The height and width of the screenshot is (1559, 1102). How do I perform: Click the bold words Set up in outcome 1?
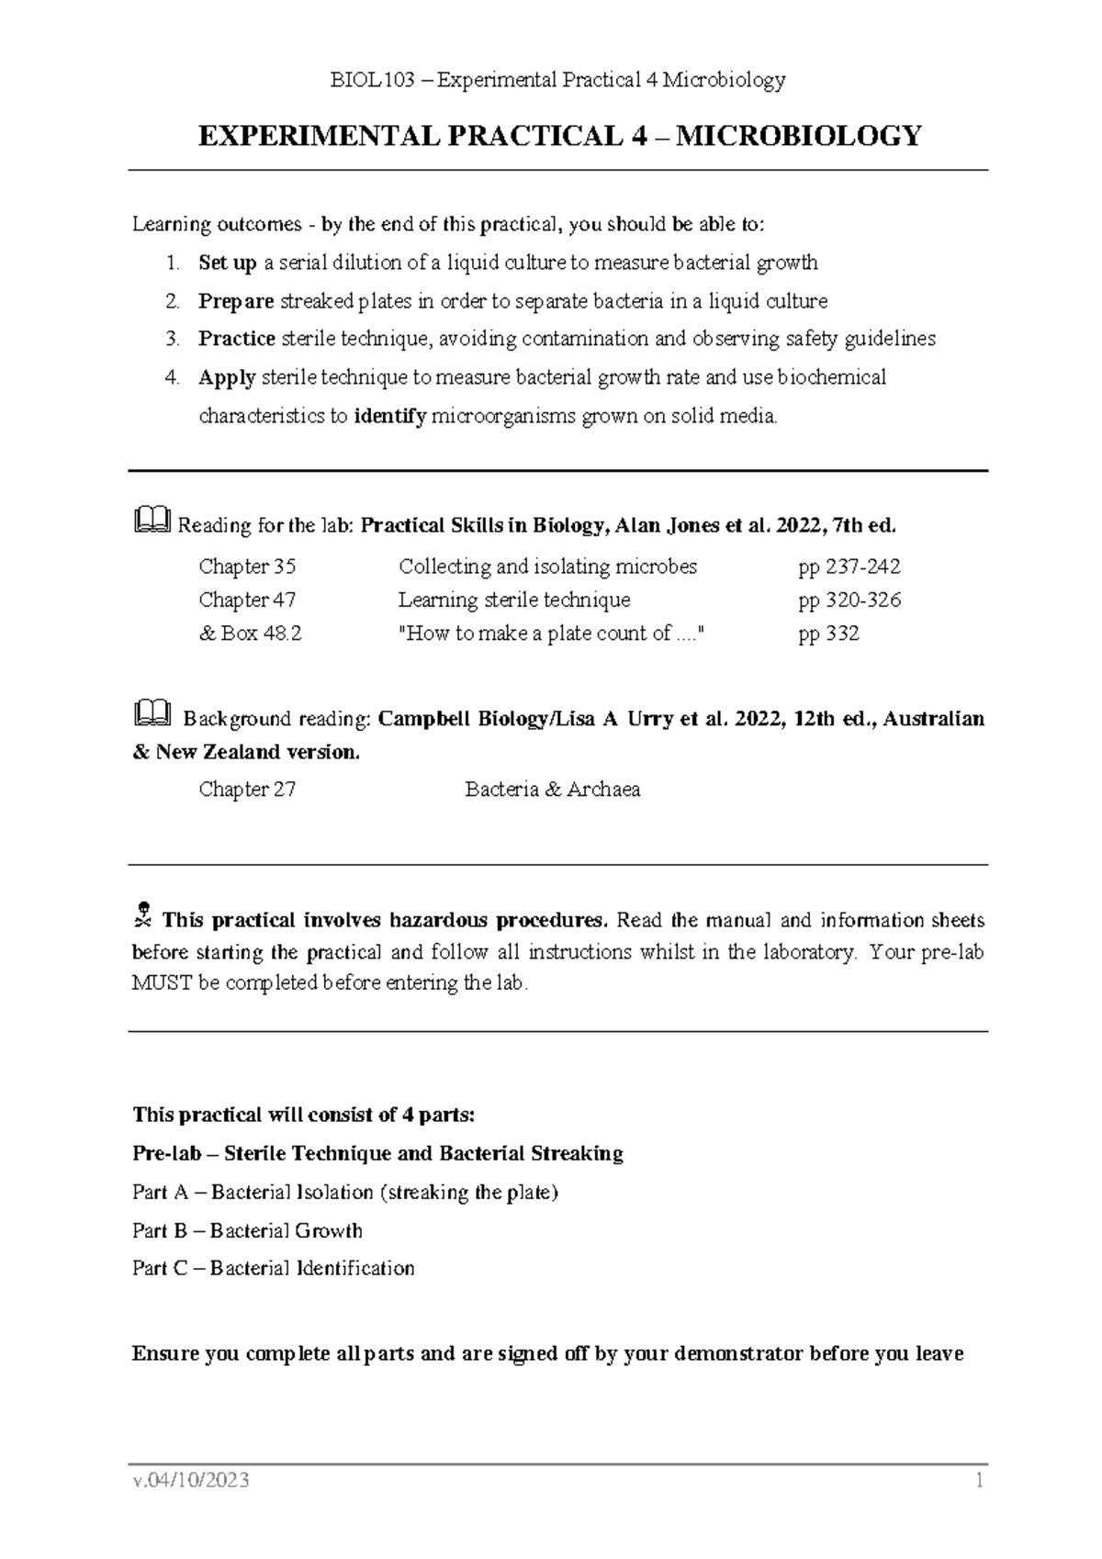(x=227, y=264)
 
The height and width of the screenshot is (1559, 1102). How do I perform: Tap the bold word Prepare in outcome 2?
(x=235, y=301)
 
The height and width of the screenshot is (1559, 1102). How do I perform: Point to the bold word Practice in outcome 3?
(x=236, y=339)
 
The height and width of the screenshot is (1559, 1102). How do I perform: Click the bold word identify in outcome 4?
(x=389, y=416)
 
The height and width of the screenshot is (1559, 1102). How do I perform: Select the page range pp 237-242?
(x=849, y=566)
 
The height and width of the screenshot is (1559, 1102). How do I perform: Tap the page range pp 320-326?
(x=849, y=600)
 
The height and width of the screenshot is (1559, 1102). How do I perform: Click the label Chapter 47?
(x=247, y=600)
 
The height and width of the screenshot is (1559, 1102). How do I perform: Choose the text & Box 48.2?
(x=250, y=634)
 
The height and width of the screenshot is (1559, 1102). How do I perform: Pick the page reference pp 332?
(x=828, y=634)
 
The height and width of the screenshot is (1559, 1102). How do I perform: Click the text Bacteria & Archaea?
(x=552, y=790)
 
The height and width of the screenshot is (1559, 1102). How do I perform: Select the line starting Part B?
(x=247, y=1230)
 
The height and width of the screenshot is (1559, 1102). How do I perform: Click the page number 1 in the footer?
(x=980, y=1481)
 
